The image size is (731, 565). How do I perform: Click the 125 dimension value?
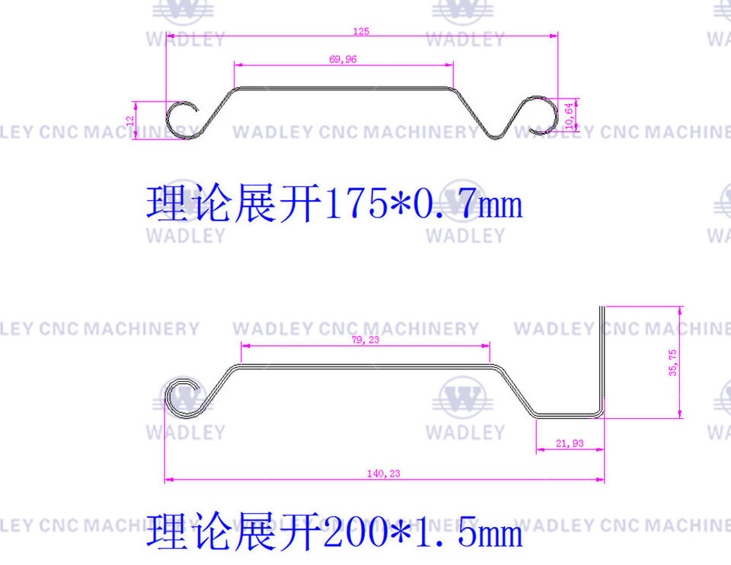click(361, 31)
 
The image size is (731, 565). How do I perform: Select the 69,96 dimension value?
click(343, 59)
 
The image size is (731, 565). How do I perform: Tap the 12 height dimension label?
click(131, 120)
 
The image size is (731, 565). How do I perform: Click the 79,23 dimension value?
click(365, 340)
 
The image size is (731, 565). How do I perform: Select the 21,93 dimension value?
click(570, 443)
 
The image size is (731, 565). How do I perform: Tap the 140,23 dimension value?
click(383, 473)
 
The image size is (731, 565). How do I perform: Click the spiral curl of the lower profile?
click(184, 396)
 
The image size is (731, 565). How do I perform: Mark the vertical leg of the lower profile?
click(602, 357)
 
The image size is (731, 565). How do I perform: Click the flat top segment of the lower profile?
click(365, 367)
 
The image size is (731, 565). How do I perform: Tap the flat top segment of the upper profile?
click(343, 87)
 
